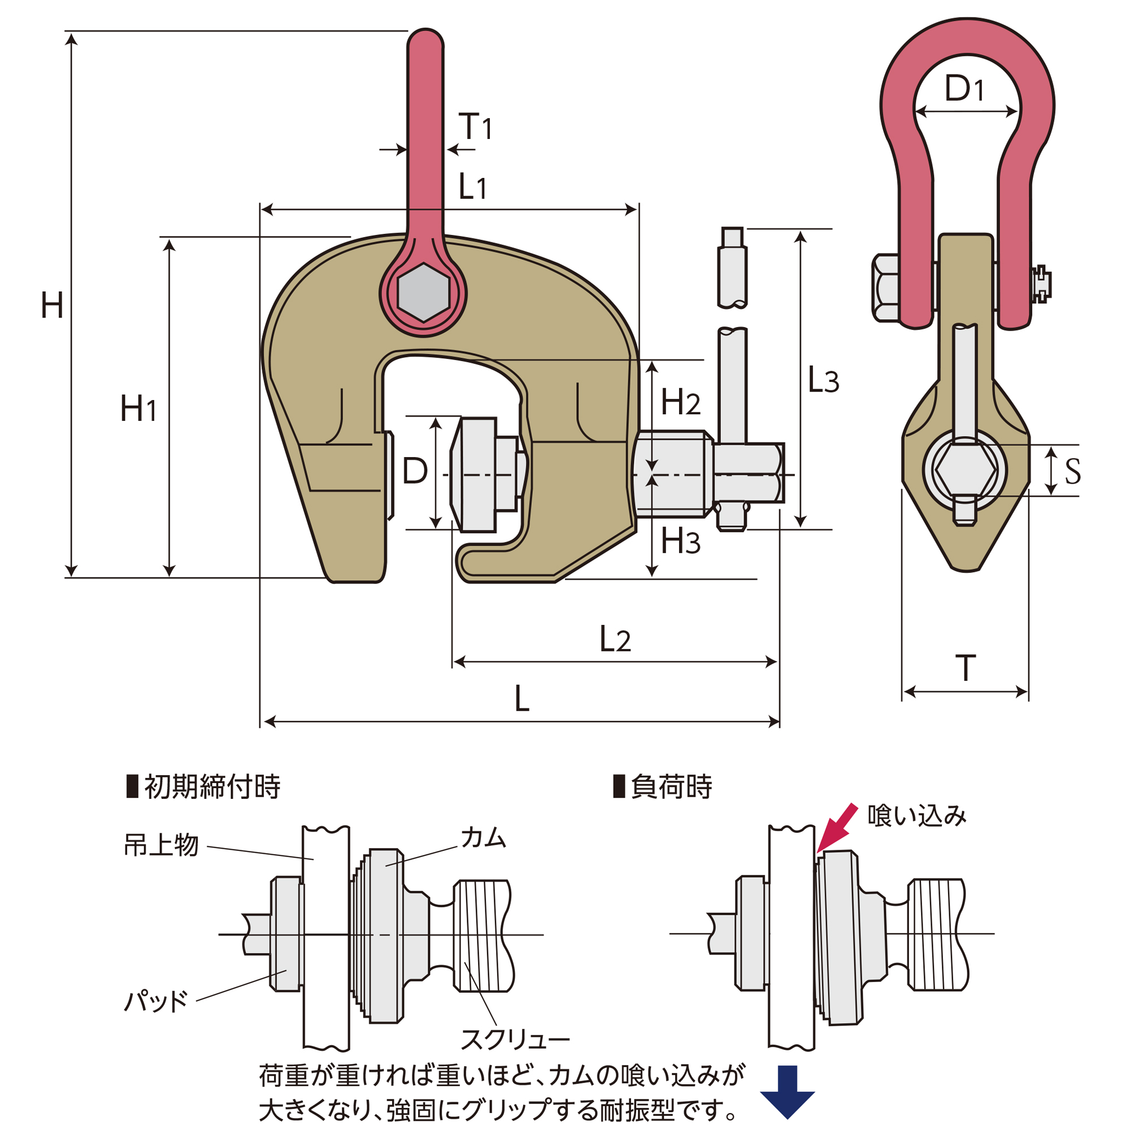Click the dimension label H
tap(52, 306)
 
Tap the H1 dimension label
tap(138, 408)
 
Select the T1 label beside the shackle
tap(475, 127)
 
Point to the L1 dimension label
tap(472, 187)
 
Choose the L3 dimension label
tap(823, 380)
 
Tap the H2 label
tap(680, 402)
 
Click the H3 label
tap(680, 541)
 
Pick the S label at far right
tap(1073, 471)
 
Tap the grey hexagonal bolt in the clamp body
tap(423, 293)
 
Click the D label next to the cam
tap(415, 471)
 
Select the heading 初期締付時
tap(212, 786)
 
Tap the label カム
tap(483, 838)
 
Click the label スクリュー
tap(515, 1040)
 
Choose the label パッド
tap(155, 1001)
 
